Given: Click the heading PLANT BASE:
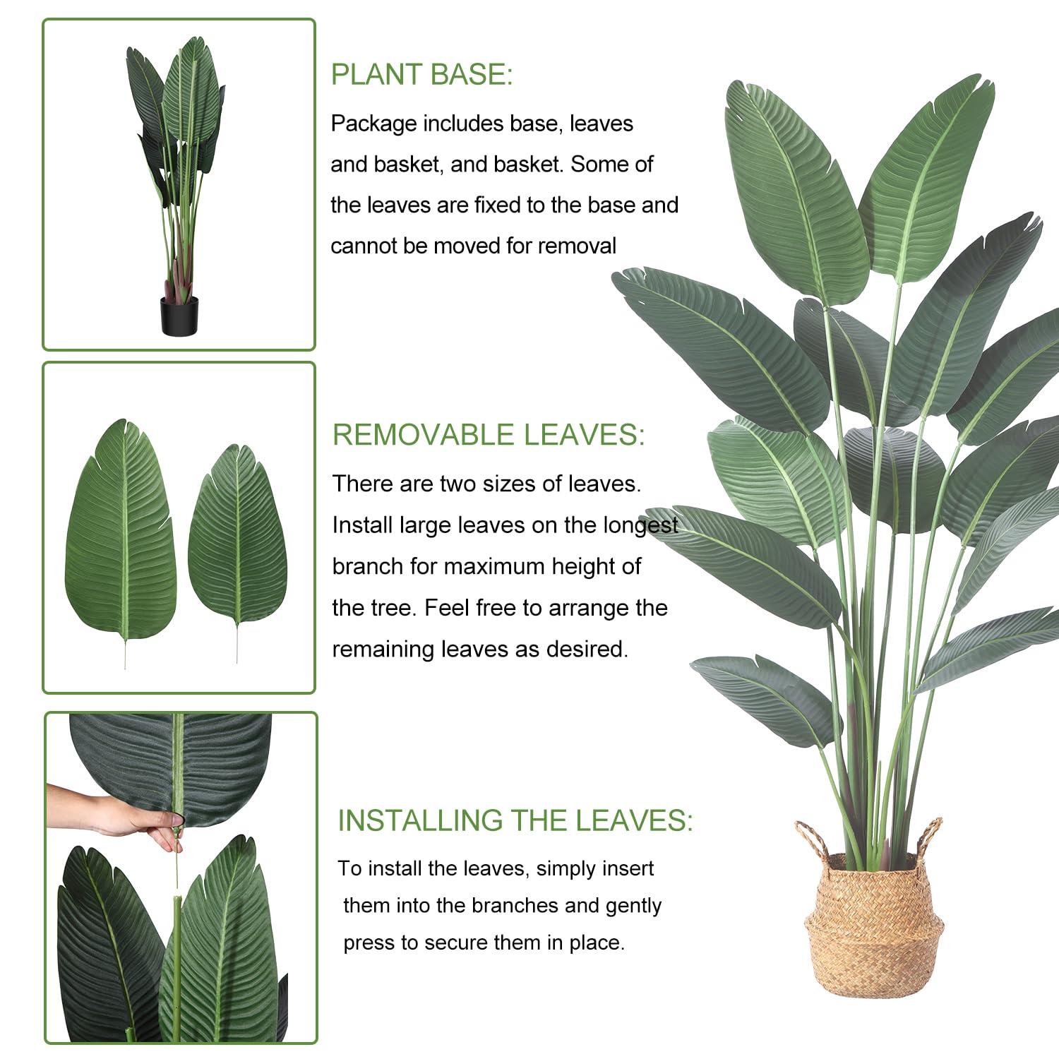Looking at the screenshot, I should (x=421, y=75).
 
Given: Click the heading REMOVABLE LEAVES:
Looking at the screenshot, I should (x=489, y=435).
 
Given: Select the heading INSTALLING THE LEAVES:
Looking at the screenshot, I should (x=515, y=820).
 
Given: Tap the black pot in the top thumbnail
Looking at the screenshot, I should (x=179, y=316).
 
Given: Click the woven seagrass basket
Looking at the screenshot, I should (x=873, y=932).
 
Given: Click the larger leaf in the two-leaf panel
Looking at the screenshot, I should (x=121, y=537).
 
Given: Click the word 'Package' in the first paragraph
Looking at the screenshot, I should (x=373, y=124).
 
